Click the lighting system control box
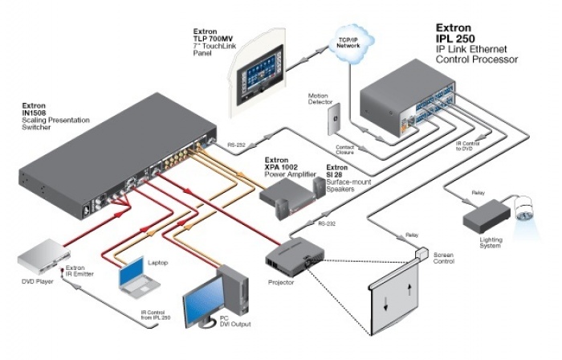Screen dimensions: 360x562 485,213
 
